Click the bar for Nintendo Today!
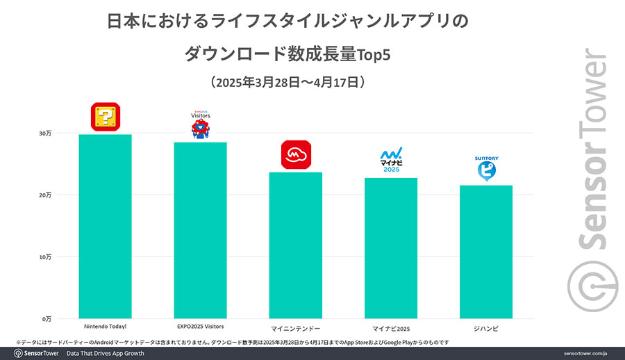(106, 226)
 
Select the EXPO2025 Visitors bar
(200, 230)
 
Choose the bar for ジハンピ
(486, 252)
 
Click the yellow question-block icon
(106, 117)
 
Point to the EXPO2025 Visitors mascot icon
(201, 129)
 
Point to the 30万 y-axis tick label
(44, 133)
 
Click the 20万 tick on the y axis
(44, 195)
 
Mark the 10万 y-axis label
(44, 256)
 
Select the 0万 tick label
(46, 318)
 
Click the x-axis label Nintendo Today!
(106, 327)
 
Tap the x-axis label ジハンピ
(486, 327)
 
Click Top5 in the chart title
(372, 53)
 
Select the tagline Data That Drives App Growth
(105, 353)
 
